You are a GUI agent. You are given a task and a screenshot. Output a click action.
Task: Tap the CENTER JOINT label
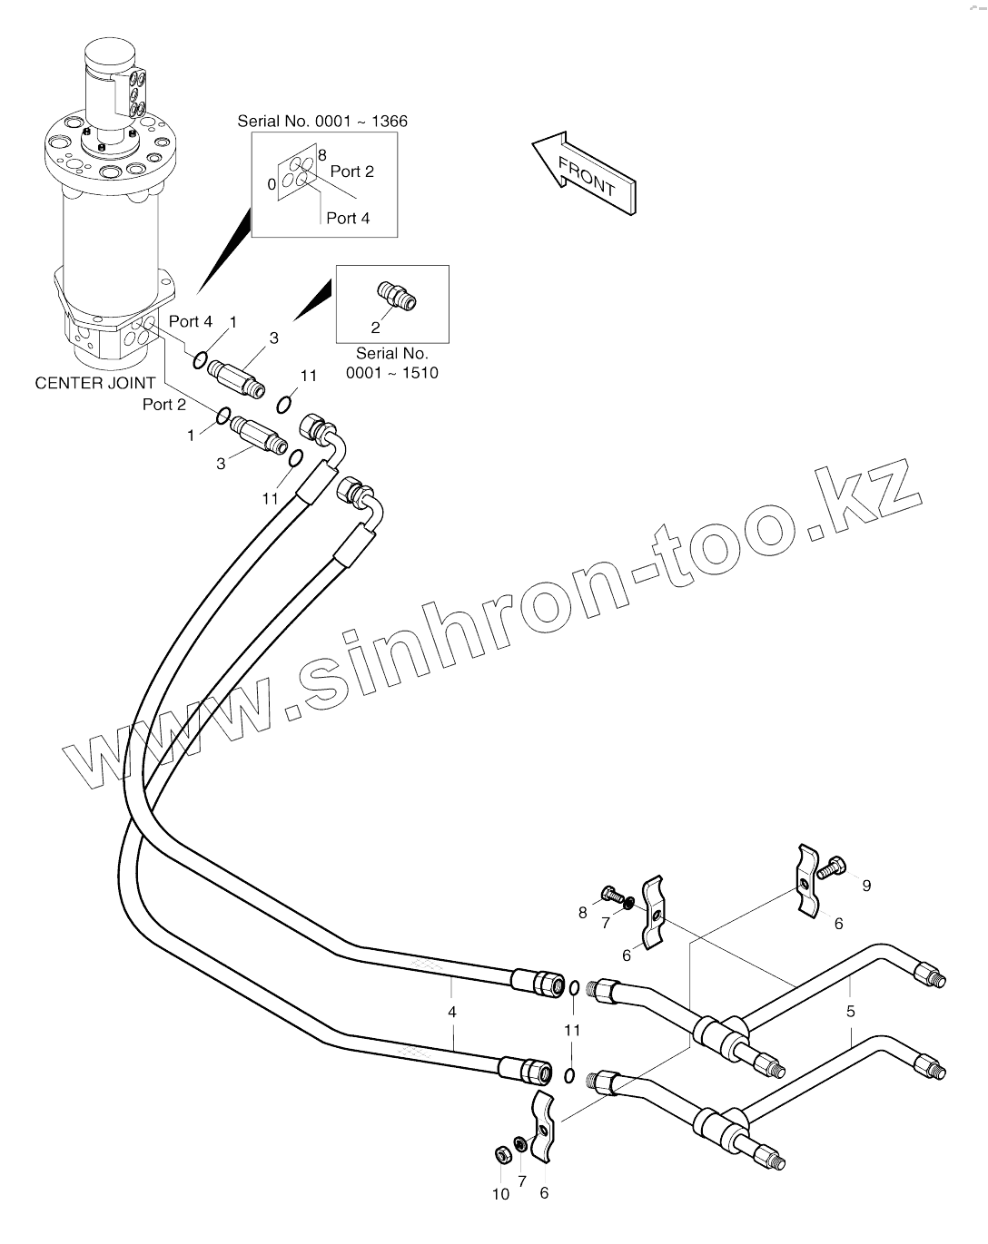[x=95, y=383]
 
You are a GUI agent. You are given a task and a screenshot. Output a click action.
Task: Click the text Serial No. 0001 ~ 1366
[x=322, y=121]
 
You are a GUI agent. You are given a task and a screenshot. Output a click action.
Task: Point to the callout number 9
[x=866, y=886]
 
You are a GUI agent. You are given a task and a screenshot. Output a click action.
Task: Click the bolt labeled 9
[x=831, y=867]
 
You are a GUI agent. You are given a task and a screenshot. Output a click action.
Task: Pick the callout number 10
[x=500, y=1194]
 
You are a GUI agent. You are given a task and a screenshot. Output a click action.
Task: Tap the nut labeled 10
[x=499, y=1154]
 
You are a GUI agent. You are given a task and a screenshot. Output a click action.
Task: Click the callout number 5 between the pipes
[x=851, y=1011]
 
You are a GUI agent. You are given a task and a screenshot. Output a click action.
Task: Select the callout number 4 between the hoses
[x=451, y=1012]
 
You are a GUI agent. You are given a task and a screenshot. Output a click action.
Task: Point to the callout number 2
[x=375, y=328]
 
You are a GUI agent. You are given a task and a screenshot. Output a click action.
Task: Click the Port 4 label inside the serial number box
[x=348, y=218]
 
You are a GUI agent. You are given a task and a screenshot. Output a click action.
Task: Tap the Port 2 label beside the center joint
[x=164, y=405]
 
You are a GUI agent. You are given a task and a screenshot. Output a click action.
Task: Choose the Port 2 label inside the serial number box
[x=351, y=171]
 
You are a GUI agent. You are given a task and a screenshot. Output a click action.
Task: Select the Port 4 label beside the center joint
[x=191, y=321]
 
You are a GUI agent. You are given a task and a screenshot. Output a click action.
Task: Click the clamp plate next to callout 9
[x=807, y=879]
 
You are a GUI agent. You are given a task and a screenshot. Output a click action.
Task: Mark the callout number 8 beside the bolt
[x=583, y=913]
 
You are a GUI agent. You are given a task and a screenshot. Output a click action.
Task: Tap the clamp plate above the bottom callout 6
[x=542, y=1127]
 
